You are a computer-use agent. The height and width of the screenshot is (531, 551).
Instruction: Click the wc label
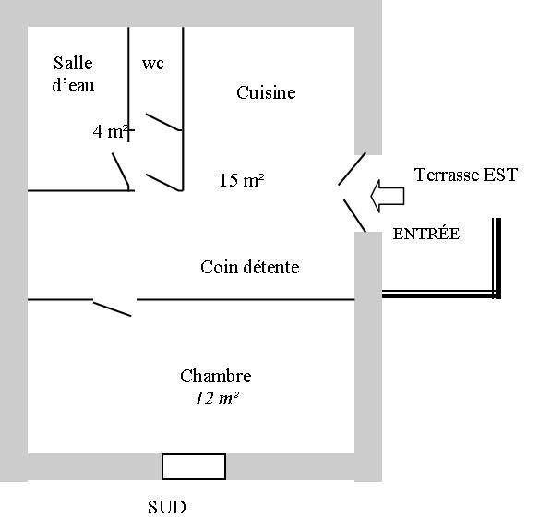click(x=153, y=64)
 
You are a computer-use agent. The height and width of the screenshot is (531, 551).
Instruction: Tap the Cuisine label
click(x=266, y=92)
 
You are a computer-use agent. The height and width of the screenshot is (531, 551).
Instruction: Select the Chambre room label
click(x=216, y=376)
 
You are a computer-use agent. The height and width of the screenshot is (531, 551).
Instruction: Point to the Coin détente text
click(x=250, y=267)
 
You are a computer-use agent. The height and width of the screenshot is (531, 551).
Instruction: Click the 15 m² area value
click(x=242, y=180)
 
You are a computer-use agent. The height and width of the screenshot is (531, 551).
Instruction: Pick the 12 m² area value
click(x=217, y=398)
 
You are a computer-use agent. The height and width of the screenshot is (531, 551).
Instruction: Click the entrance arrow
click(x=388, y=196)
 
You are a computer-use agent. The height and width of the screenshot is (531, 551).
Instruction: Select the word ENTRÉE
click(x=425, y=234)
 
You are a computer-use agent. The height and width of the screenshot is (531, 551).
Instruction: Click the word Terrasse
click(x=447, y=175)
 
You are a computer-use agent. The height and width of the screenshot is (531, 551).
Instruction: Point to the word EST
click(x=500, y=175)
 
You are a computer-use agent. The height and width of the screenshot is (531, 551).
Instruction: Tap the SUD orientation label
click(x=166, y=507)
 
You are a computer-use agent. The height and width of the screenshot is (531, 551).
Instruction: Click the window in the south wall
click(x=194, y=466)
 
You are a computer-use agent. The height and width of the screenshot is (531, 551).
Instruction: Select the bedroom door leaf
click(x=112, y=309)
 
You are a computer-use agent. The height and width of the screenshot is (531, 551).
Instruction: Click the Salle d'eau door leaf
click(x=121, y=170)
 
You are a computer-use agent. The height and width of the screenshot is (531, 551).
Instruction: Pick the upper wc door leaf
click(x=163, y=122)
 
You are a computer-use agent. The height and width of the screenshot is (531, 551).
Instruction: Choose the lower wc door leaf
click(x=163, y=182)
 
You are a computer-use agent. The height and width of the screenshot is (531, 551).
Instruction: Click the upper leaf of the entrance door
click(x=353, y=169)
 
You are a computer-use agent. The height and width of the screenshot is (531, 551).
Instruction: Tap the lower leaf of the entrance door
click(x=355, y=216)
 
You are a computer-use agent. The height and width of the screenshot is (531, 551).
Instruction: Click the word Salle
click(x=73, y=64)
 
